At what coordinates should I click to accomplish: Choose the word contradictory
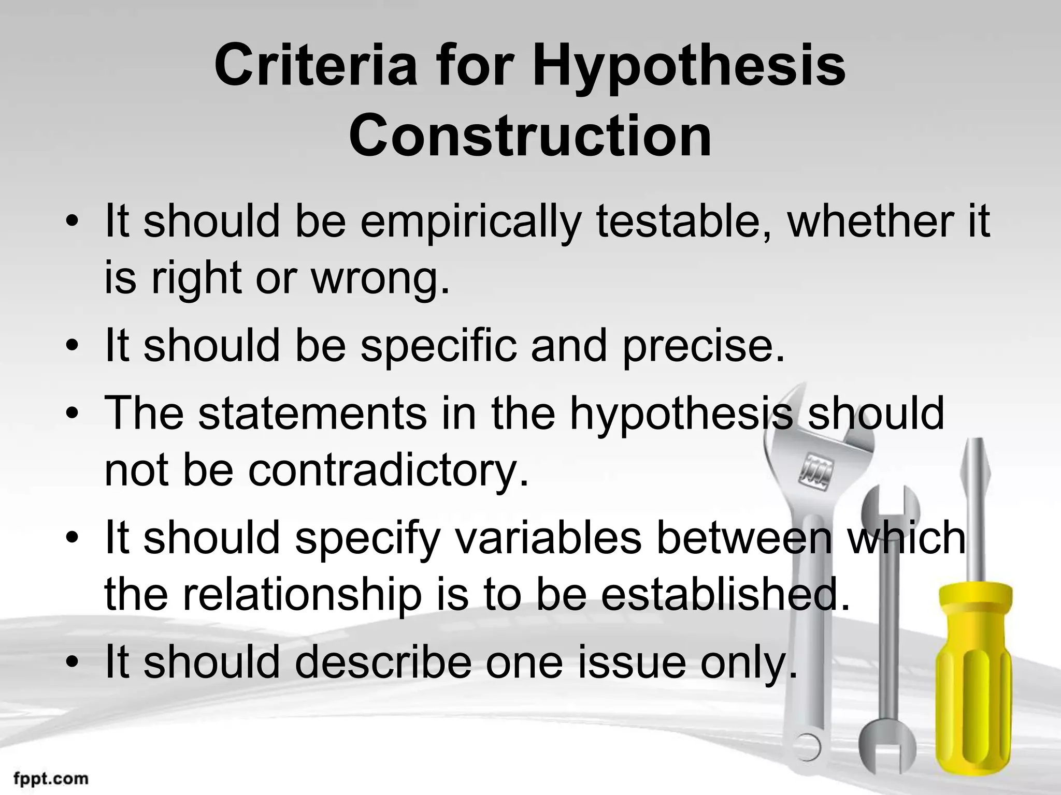pyautogui.click(x=388, y=471)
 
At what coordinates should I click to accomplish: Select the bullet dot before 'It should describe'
pyautogui.click(x=74, y=664)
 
